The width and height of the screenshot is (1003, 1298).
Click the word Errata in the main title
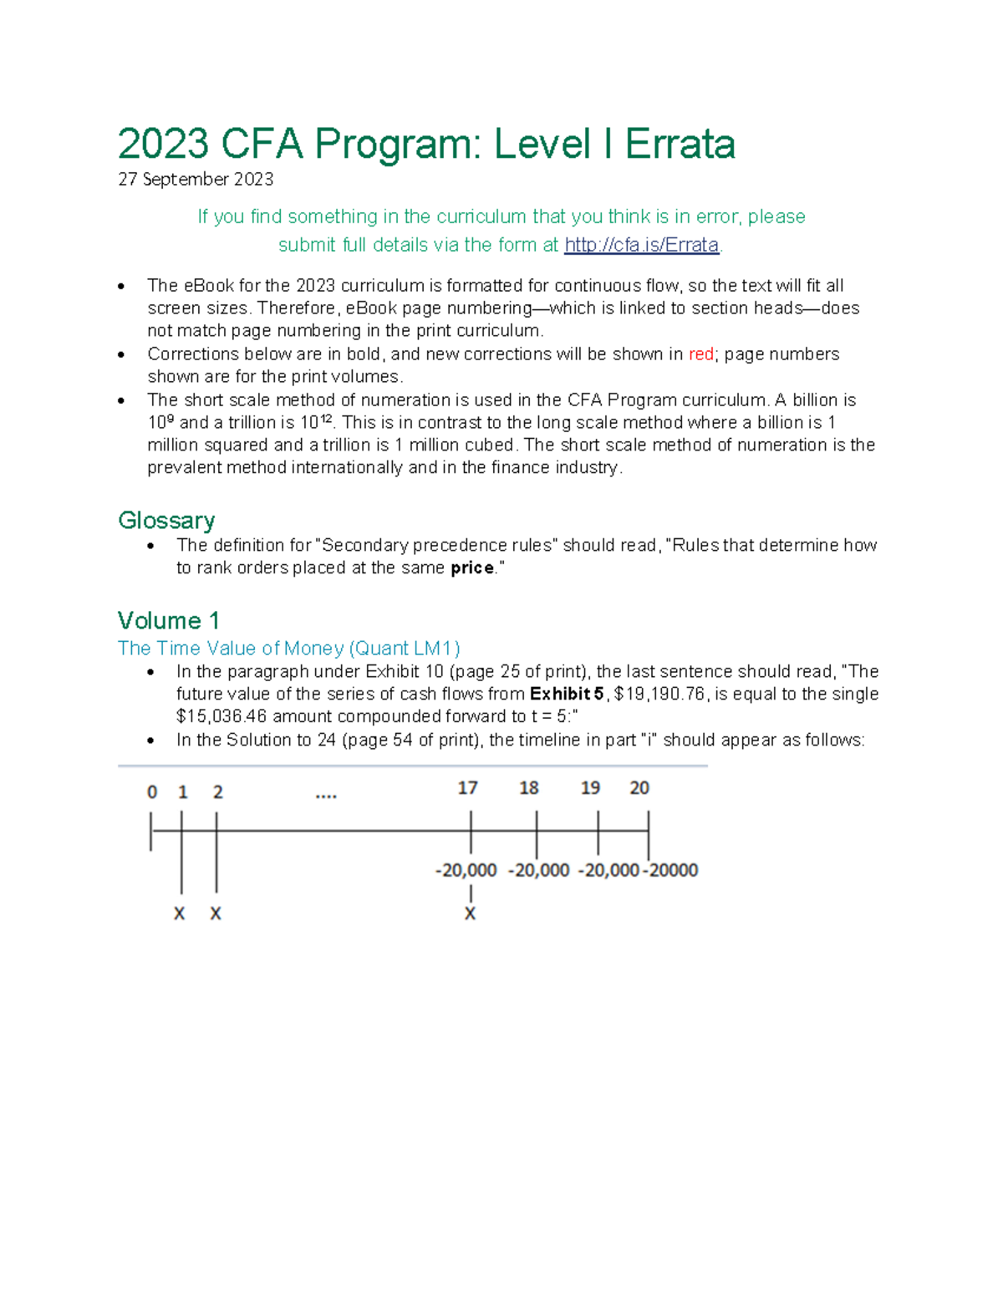pos(680,144)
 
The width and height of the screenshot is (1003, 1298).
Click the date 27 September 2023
pos(196,179)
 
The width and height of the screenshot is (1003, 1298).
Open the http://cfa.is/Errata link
pos(641,245)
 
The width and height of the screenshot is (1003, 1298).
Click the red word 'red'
pos(700,354)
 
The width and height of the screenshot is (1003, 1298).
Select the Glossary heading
pos(166,520)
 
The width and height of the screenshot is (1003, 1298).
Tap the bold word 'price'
pos(472,568)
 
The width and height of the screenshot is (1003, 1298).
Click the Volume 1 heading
pos(168,620)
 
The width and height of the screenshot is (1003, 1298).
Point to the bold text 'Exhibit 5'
pos(566,695)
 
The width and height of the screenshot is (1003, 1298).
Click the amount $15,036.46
pos(221,717)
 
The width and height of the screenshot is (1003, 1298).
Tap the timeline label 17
pos(467,788)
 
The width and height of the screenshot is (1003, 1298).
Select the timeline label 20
pos(639,788)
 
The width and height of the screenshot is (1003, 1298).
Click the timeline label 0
pos(152,792)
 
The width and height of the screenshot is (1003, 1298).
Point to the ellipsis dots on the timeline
pos(326,796)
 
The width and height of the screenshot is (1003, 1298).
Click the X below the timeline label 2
pos(216,914)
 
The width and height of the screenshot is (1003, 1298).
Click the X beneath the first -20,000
pos(470,914)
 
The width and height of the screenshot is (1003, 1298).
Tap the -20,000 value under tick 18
pos(539,870)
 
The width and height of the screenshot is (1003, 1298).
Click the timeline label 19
pos(590,788)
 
